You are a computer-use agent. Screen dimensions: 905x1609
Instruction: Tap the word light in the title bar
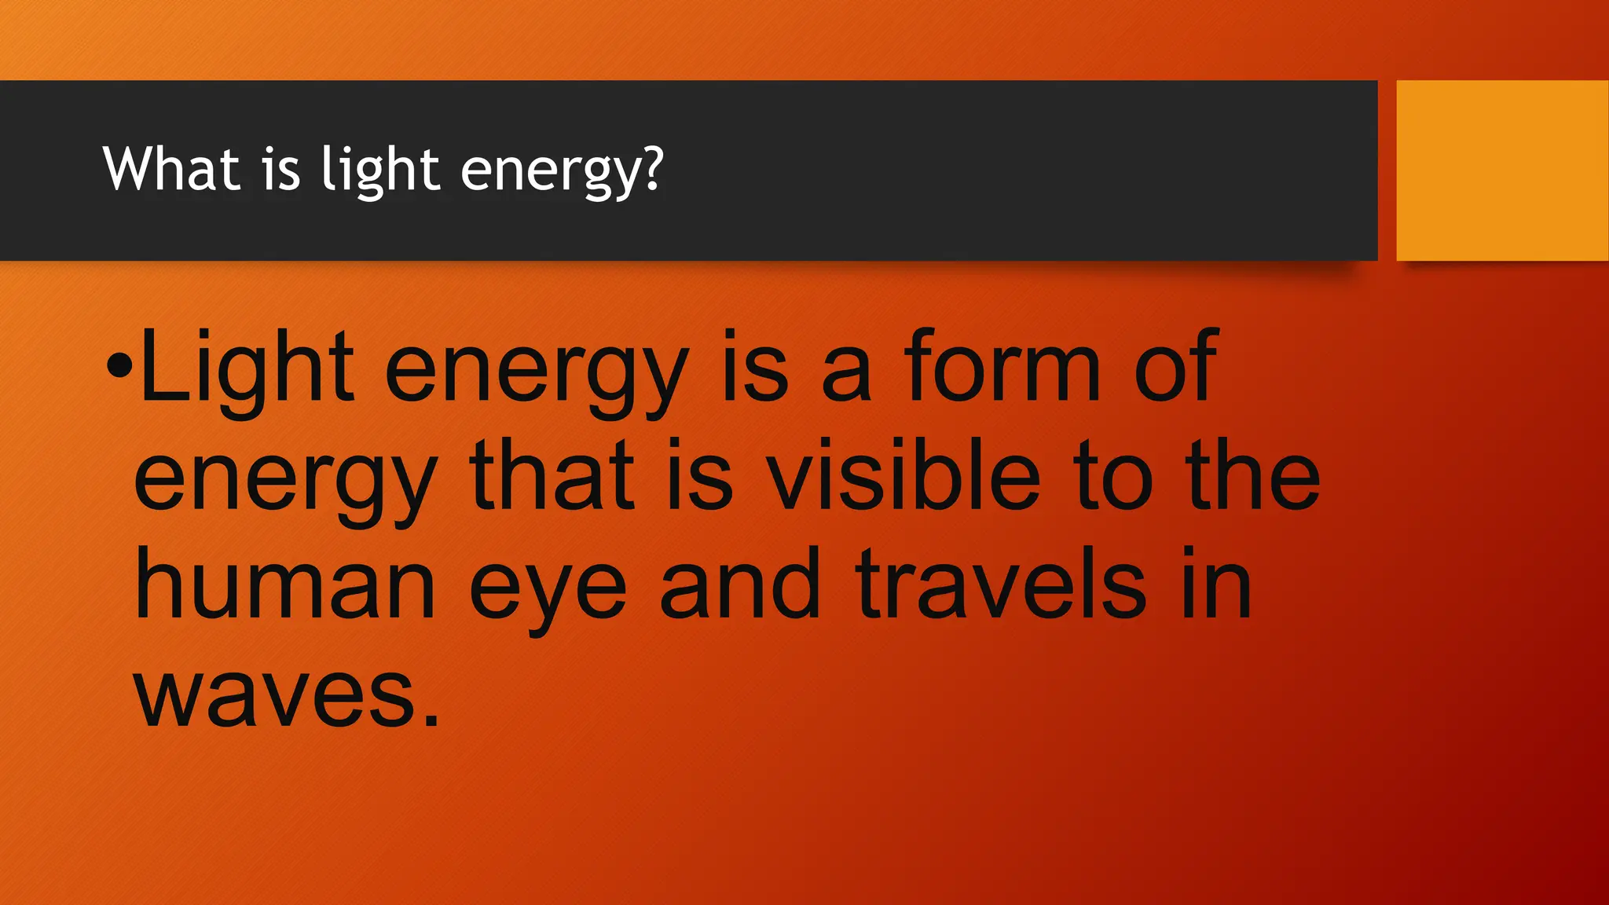(x=380, y=170)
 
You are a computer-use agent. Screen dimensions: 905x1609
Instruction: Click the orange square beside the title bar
(x=1501, y=170)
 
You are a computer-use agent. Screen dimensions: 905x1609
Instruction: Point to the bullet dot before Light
(x=119, y=366)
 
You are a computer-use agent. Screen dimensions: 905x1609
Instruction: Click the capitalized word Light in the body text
(x=246, y=368)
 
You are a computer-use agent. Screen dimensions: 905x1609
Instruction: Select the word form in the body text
(x=1002, y=366)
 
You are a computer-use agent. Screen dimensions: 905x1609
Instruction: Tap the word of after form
(x=1177, y=366)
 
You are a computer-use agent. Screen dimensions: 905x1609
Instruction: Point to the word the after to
(x=1253, y=476)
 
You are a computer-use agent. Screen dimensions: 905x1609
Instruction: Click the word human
(x=284, y=585)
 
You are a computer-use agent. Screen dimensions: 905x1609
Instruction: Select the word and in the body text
(x=740, y=585)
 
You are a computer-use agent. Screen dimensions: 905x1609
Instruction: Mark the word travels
(x=1001, y=585)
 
